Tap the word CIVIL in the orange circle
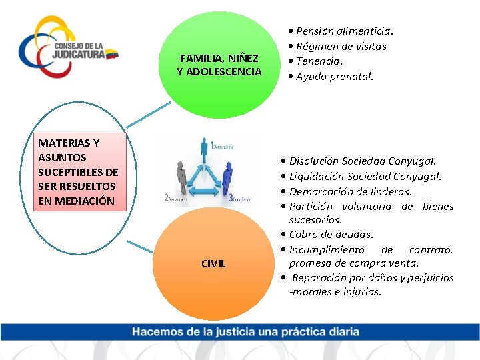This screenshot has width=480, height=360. point(213,264)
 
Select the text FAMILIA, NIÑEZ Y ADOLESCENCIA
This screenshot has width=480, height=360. point(219,65)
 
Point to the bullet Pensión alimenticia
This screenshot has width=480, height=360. point(344,31)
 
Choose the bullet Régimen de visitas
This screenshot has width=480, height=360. point(341,46)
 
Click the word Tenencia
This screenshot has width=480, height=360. point(319,61)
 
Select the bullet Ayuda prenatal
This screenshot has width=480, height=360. point(334,77)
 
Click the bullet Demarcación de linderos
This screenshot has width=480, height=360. point(354,191)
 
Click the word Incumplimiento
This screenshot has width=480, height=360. point(327,250)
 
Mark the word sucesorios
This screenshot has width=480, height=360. point(316,219)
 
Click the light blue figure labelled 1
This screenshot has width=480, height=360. point(203,151)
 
